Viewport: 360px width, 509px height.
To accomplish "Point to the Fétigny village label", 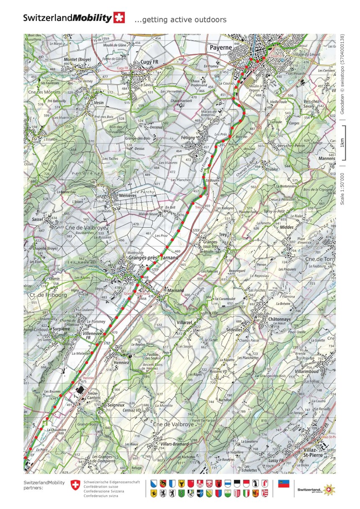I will click(188, 137).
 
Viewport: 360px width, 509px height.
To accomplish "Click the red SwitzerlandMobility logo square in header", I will click(119, 18).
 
